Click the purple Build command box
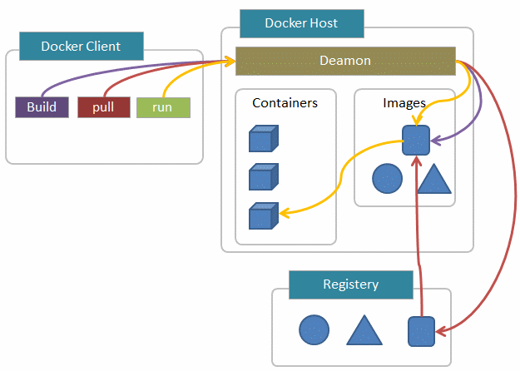[x=42, y=107]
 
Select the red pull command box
[x=103, y=107]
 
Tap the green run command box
[x=163, y=107]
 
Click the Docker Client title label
[x=81, y=47]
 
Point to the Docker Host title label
[x=301, y=23]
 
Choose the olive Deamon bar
[x=345, y=61]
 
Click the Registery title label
[x=350, y=284]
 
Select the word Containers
[x=285, y=103]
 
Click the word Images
[x=404, y=103]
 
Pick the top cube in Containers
[x=263, y=139]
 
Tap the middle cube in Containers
[x=263, y=176]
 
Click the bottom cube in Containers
[x=263, y=215]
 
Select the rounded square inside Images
[x=415, y=140]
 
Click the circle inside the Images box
[x=387, y=178]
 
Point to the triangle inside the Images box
[x=433, y=179]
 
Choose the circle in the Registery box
[x=314, y=330]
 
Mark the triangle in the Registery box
[x=364, y=331]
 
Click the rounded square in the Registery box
[x=421, y=331]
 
